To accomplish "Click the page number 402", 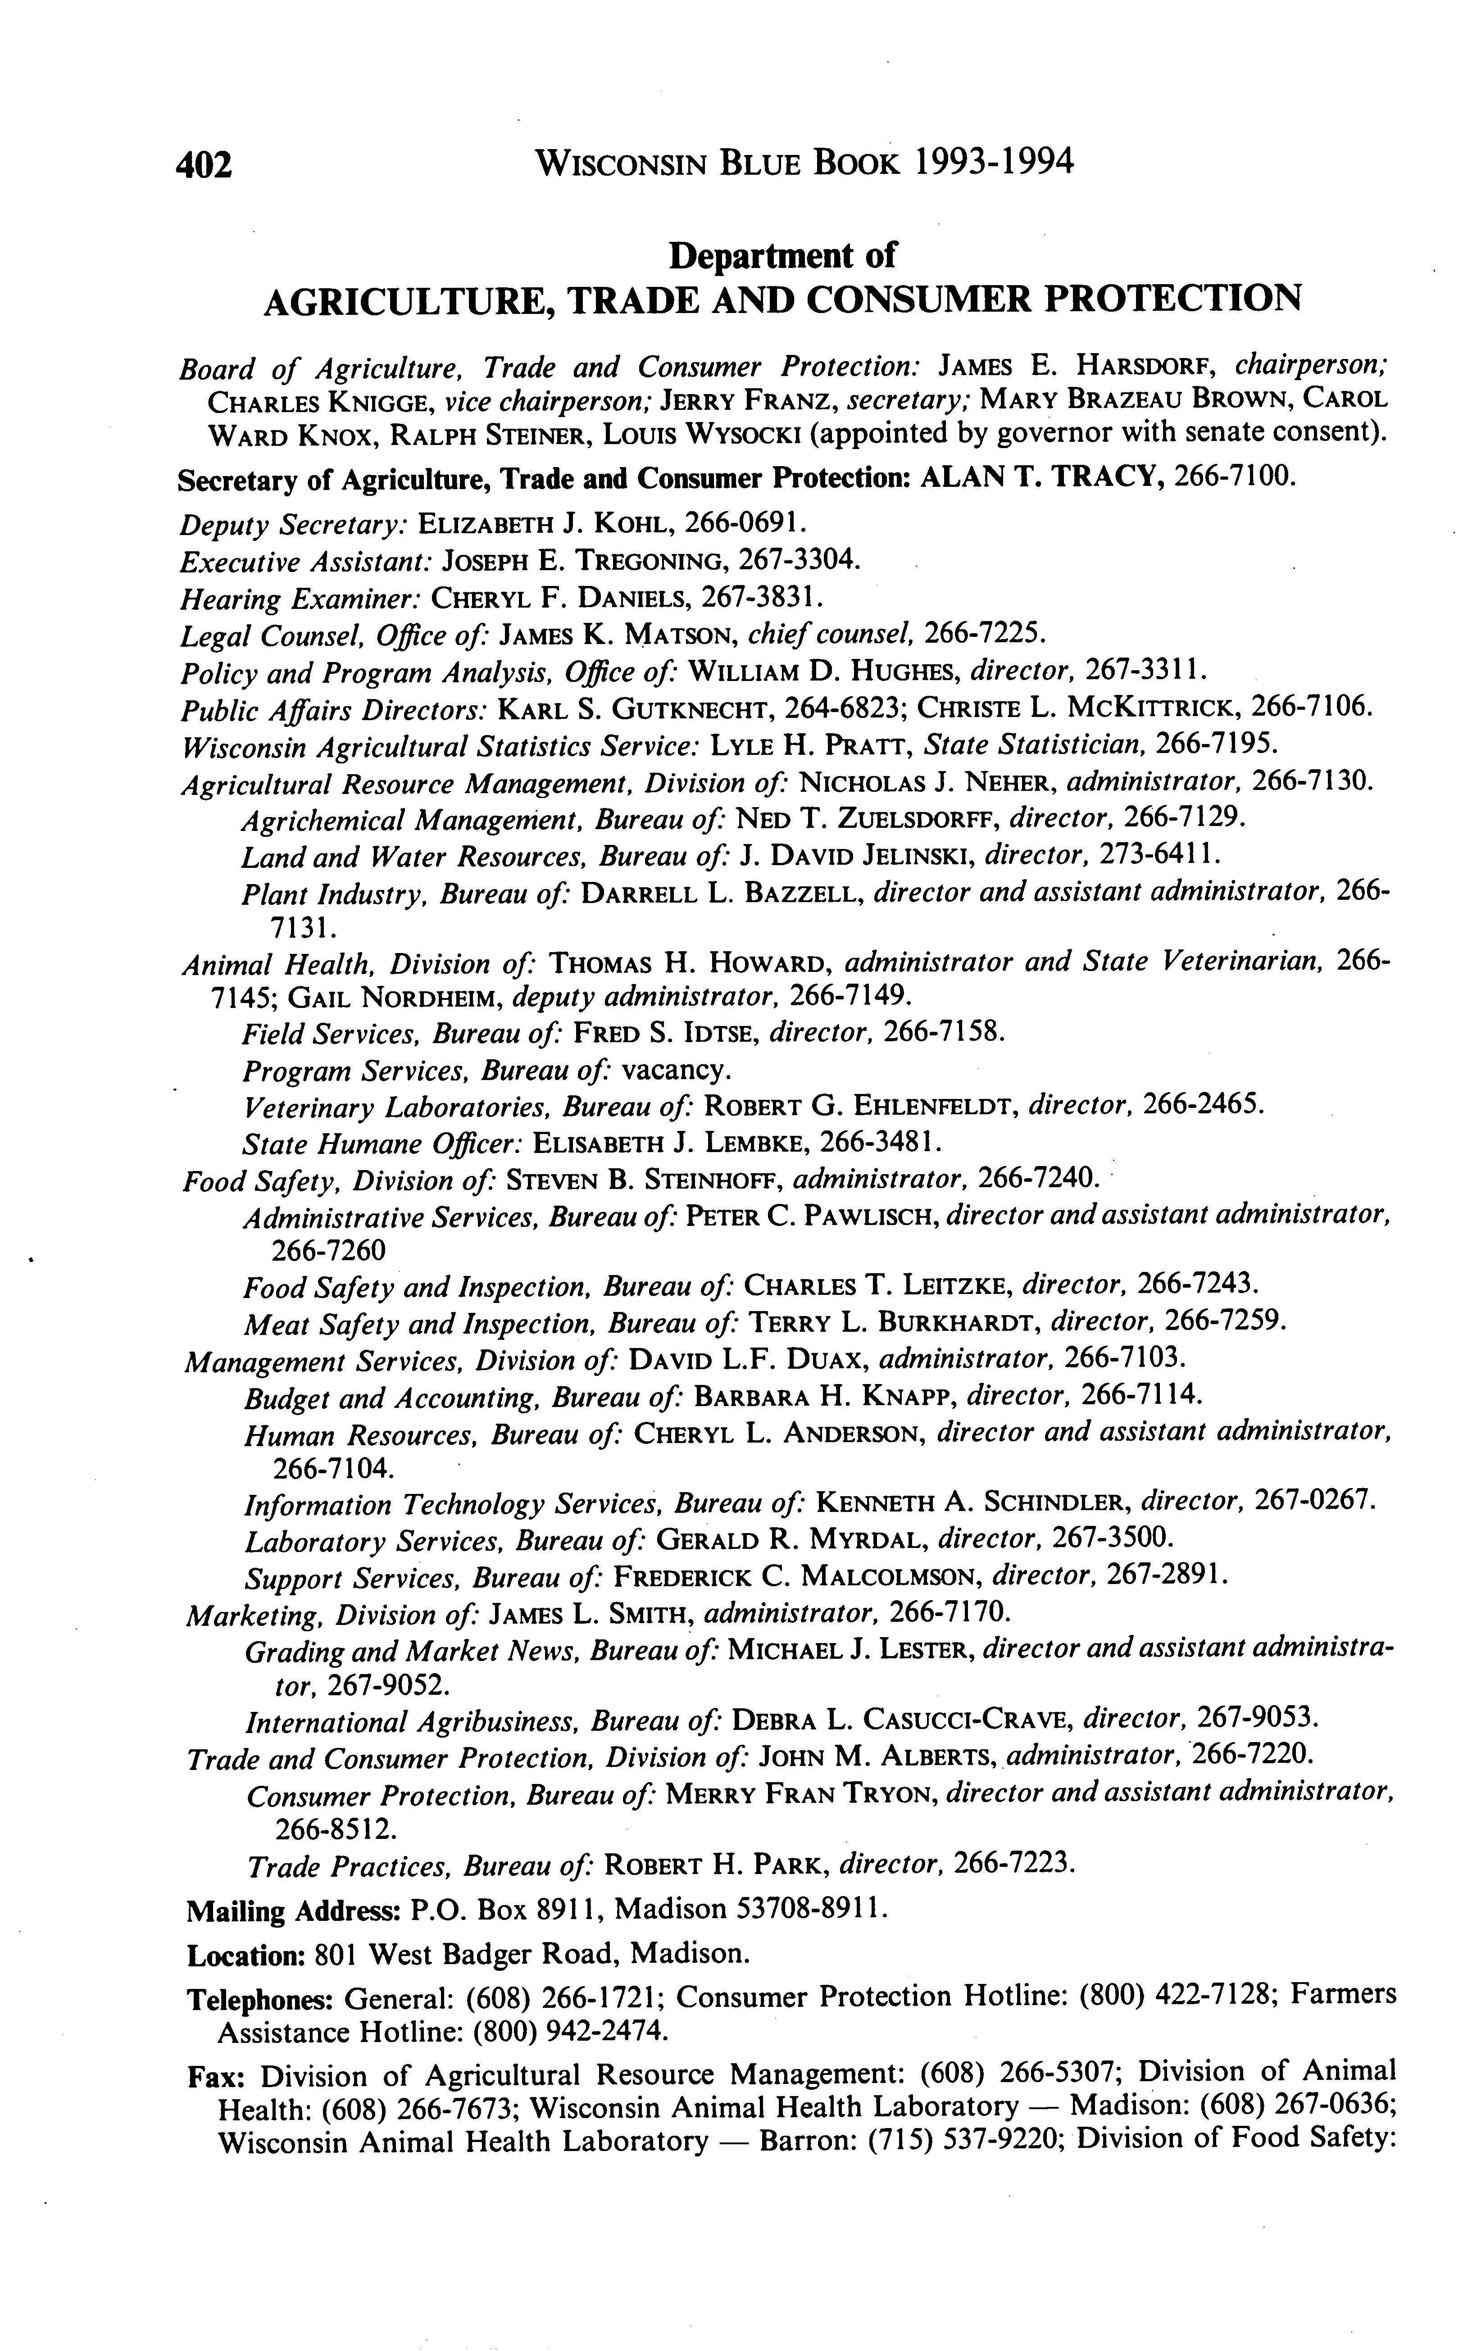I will [x=204, y=165].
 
